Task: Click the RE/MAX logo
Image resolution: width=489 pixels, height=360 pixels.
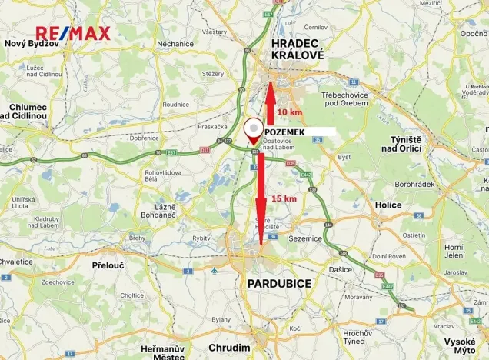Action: (73, 33)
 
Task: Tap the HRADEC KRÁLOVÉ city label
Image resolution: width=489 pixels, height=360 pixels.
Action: (298, 51)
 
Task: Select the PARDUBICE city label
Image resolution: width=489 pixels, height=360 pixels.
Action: (279, 284)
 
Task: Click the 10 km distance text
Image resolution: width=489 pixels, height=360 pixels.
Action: (290, 112)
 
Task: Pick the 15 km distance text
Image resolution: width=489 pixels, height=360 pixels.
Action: (284, 198)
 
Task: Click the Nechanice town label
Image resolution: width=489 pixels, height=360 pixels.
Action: (175, 44)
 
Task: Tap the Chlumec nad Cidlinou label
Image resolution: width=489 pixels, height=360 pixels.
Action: (28, 111)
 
